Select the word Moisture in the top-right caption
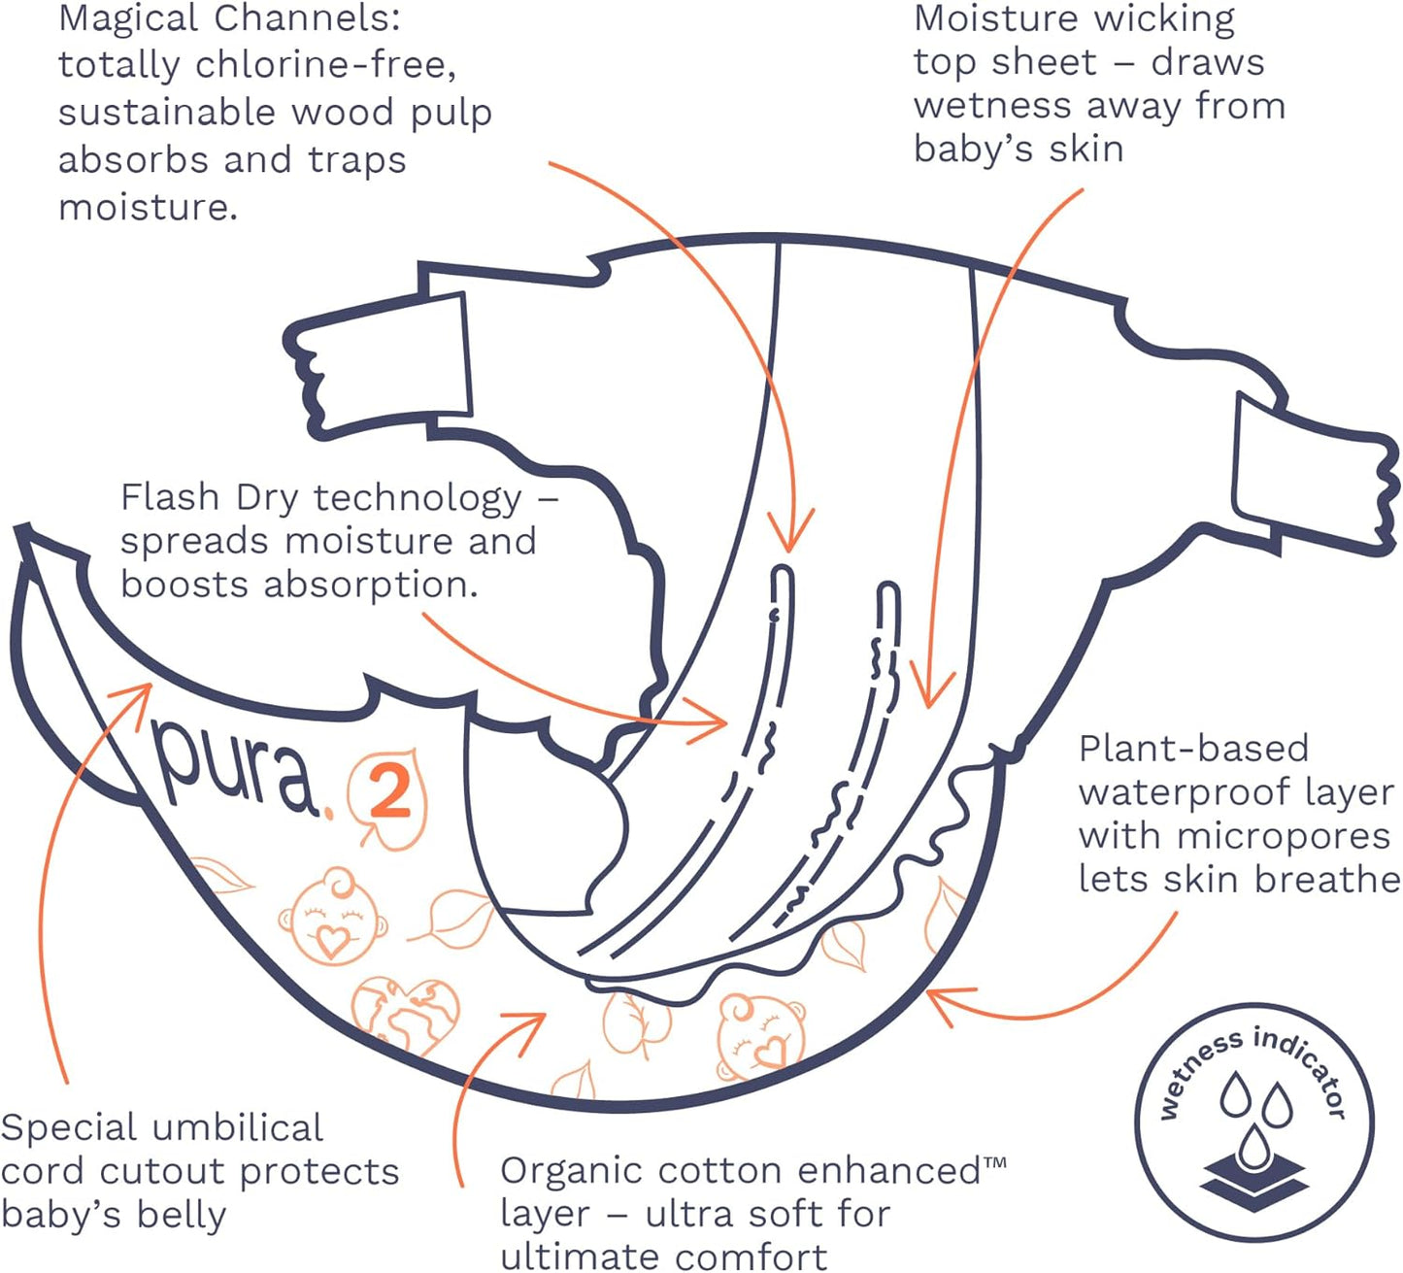click(x=996, y=18)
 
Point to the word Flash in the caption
click(x=170, y=497)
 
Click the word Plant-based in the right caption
click(x=1193, y=749)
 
